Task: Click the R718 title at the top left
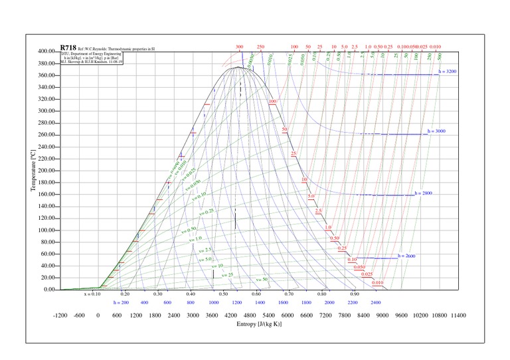(68, 48)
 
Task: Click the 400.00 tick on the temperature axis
(46, 51)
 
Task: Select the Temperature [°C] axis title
(33, 171)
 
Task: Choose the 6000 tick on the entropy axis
(287, 315)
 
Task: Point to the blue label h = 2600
(406, 256)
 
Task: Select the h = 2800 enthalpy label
(423, 193)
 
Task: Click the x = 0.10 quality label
(92, 293)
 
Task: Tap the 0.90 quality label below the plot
(355, 293)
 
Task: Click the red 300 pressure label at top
(239, 47)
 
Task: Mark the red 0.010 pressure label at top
(436, 47)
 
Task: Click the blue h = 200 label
(120, 302)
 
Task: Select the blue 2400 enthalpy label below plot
(376, 302)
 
